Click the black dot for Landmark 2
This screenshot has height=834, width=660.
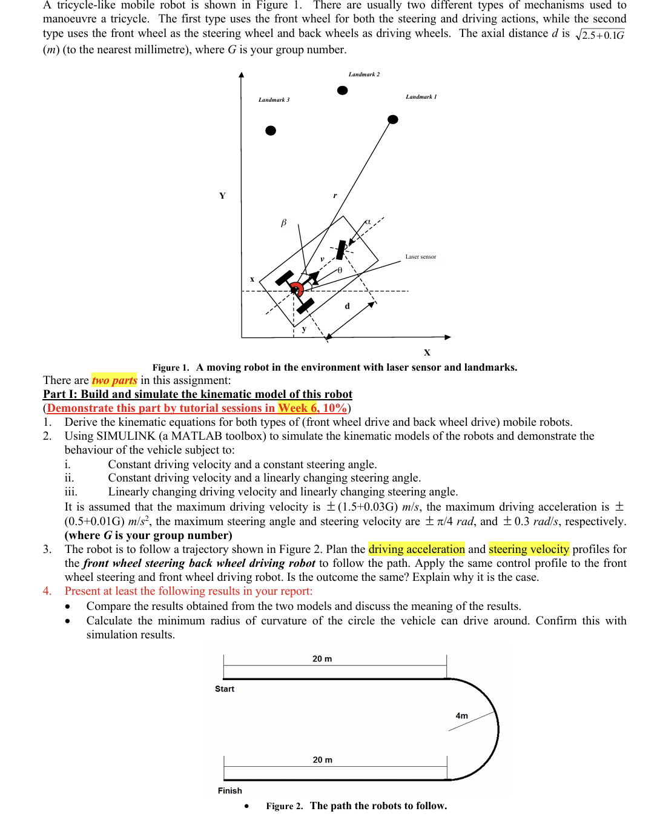[342, 90]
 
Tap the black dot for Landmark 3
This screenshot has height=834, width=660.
[271, 130]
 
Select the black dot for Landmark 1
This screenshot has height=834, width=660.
[393, 119]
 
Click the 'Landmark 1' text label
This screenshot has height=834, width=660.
[421, 97]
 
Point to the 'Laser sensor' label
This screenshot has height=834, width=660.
[420, 257]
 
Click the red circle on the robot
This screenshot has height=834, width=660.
[296, 289]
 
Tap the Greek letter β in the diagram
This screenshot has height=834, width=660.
[283, 223]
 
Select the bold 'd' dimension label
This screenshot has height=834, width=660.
[347, 306]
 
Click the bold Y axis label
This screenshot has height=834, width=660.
[222, 196]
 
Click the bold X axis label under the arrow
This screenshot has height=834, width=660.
[427, 352]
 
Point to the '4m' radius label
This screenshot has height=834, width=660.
[461, 716]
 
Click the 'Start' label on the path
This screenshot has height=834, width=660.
[225, 689]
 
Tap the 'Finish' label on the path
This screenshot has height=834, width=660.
[229, 791]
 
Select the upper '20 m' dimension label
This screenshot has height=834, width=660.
[322, 659]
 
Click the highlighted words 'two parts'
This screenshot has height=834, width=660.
[114, 380]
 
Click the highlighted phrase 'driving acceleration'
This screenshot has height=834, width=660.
[417, 549]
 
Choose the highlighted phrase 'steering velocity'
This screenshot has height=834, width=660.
[529, 549]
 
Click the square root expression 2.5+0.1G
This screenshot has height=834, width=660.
[600, 35]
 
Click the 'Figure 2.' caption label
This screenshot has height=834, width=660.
[284, 806]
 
